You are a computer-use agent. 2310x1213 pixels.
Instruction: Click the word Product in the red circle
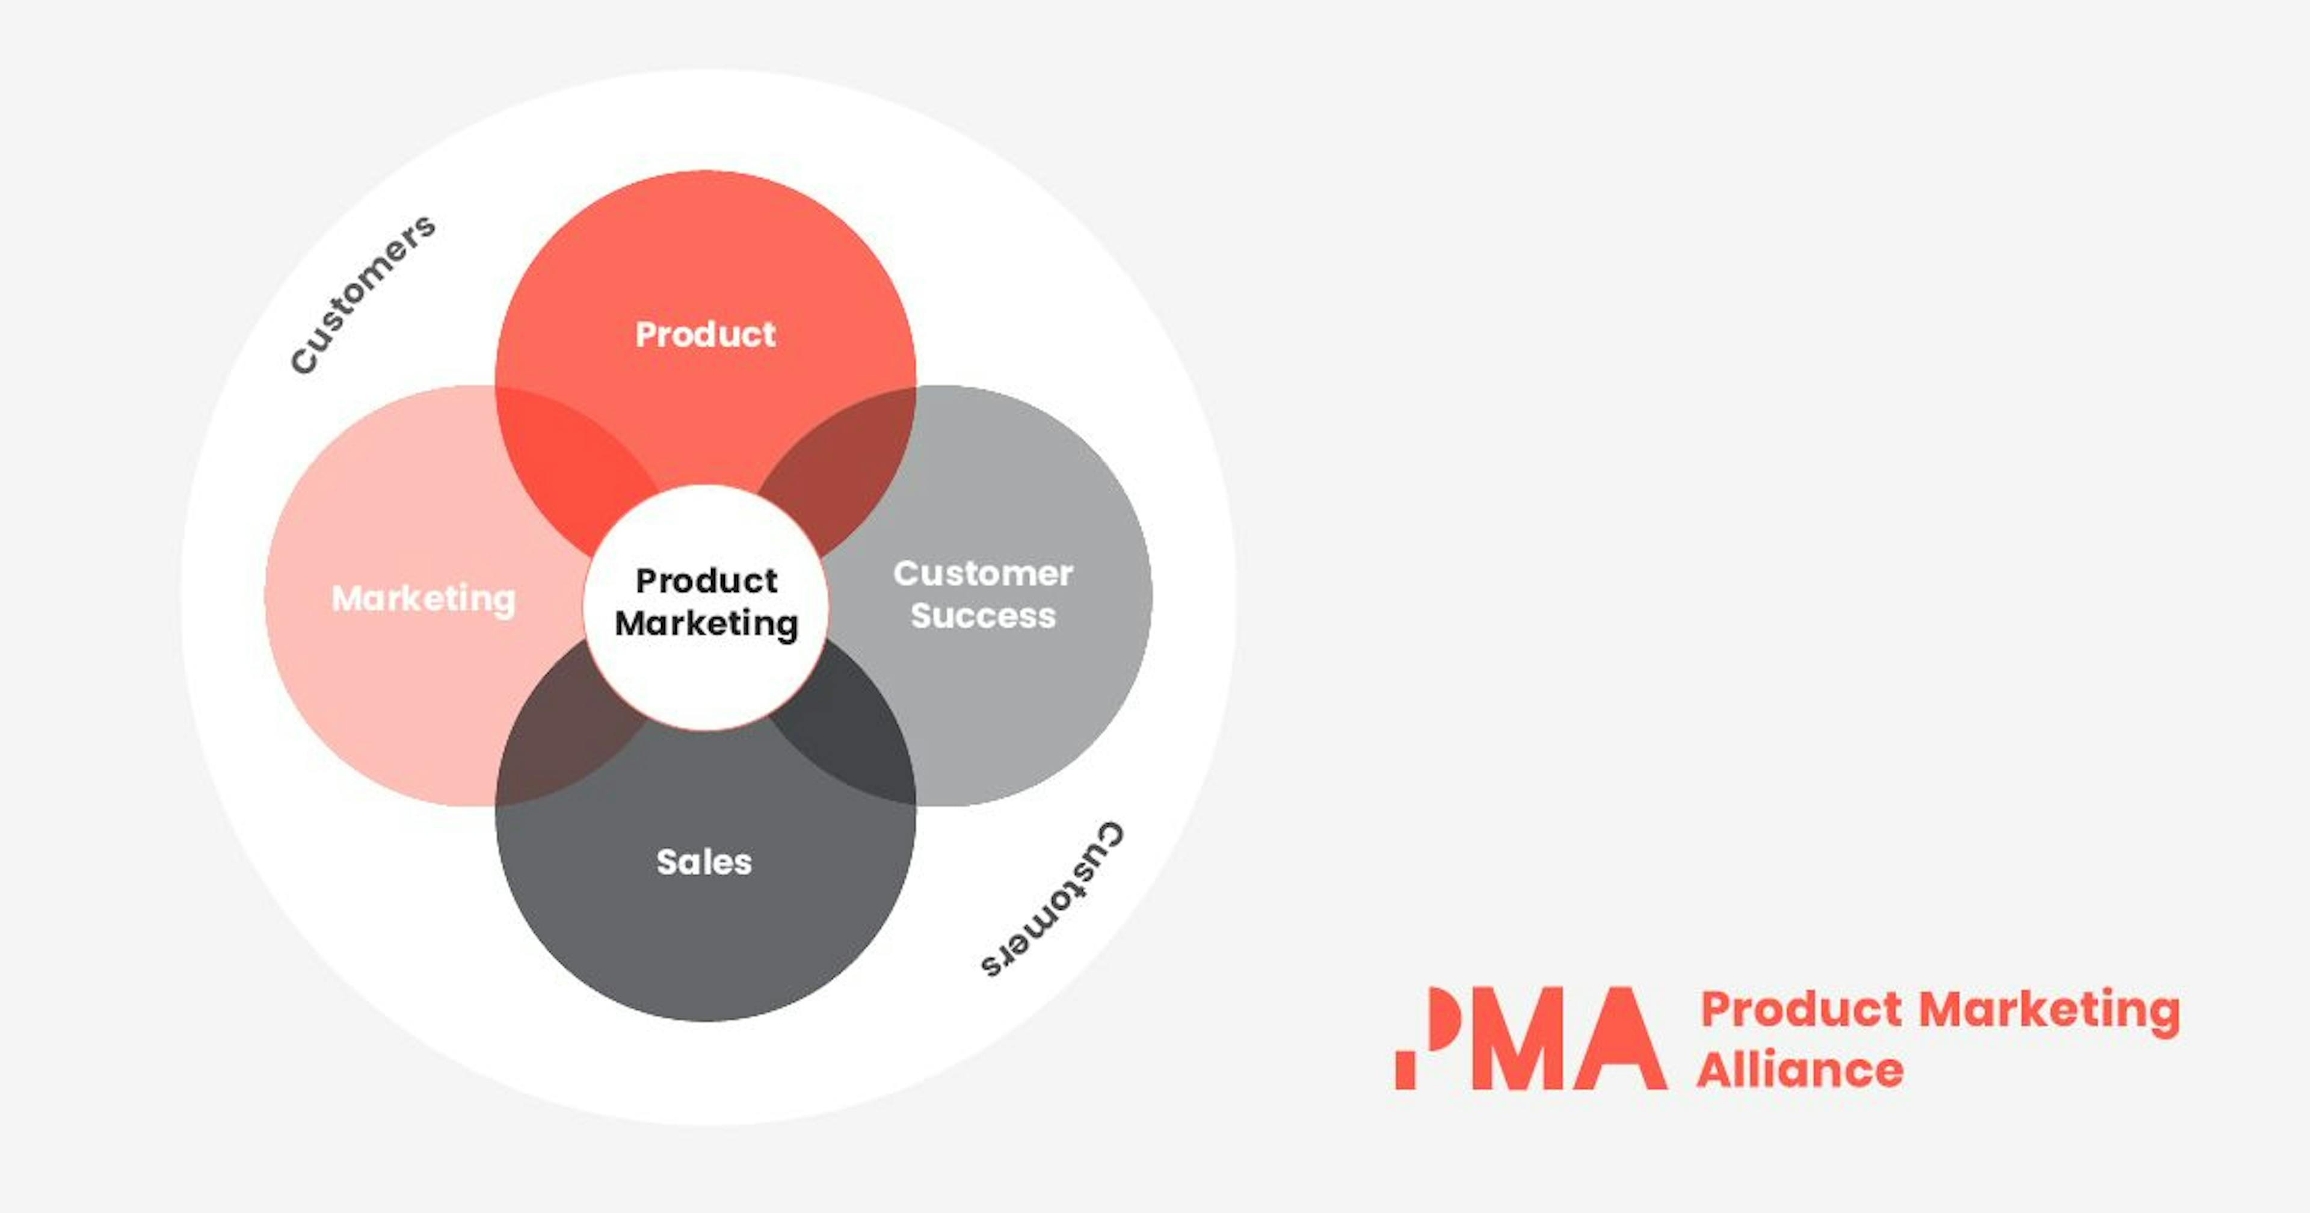click(x=705, y=335)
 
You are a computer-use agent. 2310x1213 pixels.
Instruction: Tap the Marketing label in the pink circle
click(x=423, y=599)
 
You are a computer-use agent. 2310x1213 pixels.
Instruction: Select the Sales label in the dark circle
click(x=704, y=862)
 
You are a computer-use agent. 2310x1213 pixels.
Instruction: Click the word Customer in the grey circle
click(x=983, y=573)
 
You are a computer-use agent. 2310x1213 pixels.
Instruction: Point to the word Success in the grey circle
click(x=983, y=616)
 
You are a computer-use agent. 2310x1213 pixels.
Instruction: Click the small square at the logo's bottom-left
click(x=1405, y=1072)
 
